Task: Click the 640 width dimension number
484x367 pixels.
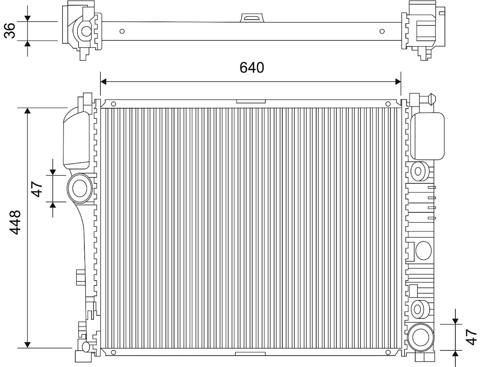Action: [252, 67]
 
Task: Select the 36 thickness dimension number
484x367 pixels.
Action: [10, 31]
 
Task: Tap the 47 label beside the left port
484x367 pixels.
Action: [37, 189]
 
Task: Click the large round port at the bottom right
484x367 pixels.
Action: [421, 336]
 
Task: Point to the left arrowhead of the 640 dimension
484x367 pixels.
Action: [103, 82]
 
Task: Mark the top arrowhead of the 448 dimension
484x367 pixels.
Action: [27, 111]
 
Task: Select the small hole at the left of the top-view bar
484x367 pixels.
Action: [123, 31]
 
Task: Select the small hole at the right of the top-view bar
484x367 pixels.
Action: [382, 31]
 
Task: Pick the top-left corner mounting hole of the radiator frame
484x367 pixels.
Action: [113, 104]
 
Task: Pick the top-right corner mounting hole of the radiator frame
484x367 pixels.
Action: [388, 104]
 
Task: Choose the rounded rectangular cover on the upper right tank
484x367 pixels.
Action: [428, 136]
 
